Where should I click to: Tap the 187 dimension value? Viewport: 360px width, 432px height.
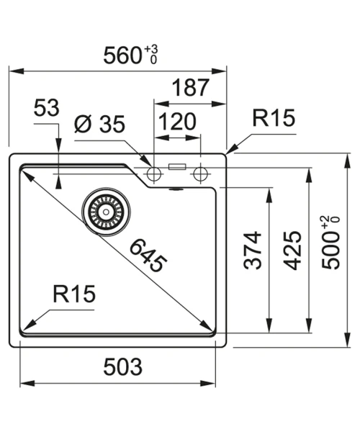click(191, 88)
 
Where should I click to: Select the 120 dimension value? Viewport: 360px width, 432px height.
click(177, 122)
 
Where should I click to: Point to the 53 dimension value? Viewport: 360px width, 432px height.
click(46, 108)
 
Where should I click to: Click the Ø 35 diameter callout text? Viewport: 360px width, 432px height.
click(99, 124)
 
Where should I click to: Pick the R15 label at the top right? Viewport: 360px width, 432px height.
click(274, 118)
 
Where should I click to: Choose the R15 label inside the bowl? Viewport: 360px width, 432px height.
click(74, 294)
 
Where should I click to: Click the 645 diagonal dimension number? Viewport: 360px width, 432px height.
click(148, 256)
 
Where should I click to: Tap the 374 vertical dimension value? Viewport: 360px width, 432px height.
click(253, 250)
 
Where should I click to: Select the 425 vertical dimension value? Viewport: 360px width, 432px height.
click(292, 250)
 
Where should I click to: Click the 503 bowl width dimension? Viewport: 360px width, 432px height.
click(123, 367)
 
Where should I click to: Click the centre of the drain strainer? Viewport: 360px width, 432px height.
click(106, 212)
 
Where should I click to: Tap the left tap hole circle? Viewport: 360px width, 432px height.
click(153, 174)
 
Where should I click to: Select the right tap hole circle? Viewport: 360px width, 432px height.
click(200, 174)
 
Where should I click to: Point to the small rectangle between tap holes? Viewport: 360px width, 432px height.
click(177, 167)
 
